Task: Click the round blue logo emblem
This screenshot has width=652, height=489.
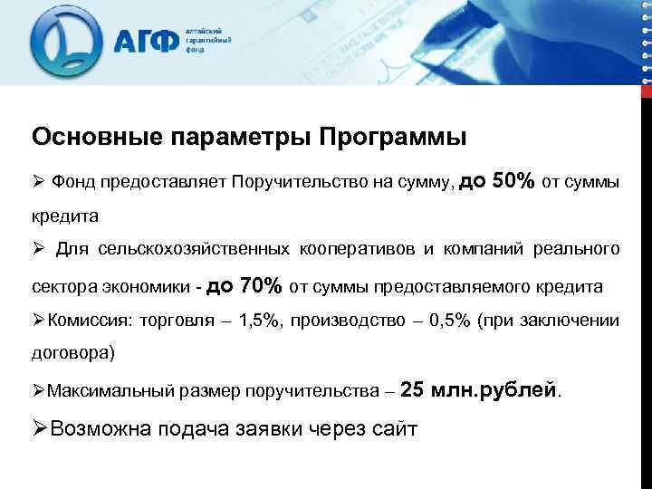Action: tap(65, 43)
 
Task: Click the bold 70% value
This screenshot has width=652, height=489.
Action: tap(260, 286)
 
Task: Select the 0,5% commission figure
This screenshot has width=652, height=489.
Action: tap(449, 321)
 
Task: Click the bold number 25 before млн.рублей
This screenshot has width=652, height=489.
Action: tap(411, 390)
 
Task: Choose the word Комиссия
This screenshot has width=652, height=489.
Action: tap(89, 321)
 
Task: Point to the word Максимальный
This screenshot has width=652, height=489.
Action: tap(102, 392)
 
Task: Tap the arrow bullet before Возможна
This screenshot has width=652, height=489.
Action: tap(41, 428)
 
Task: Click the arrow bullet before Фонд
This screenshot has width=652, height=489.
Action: tap(38, 183)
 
